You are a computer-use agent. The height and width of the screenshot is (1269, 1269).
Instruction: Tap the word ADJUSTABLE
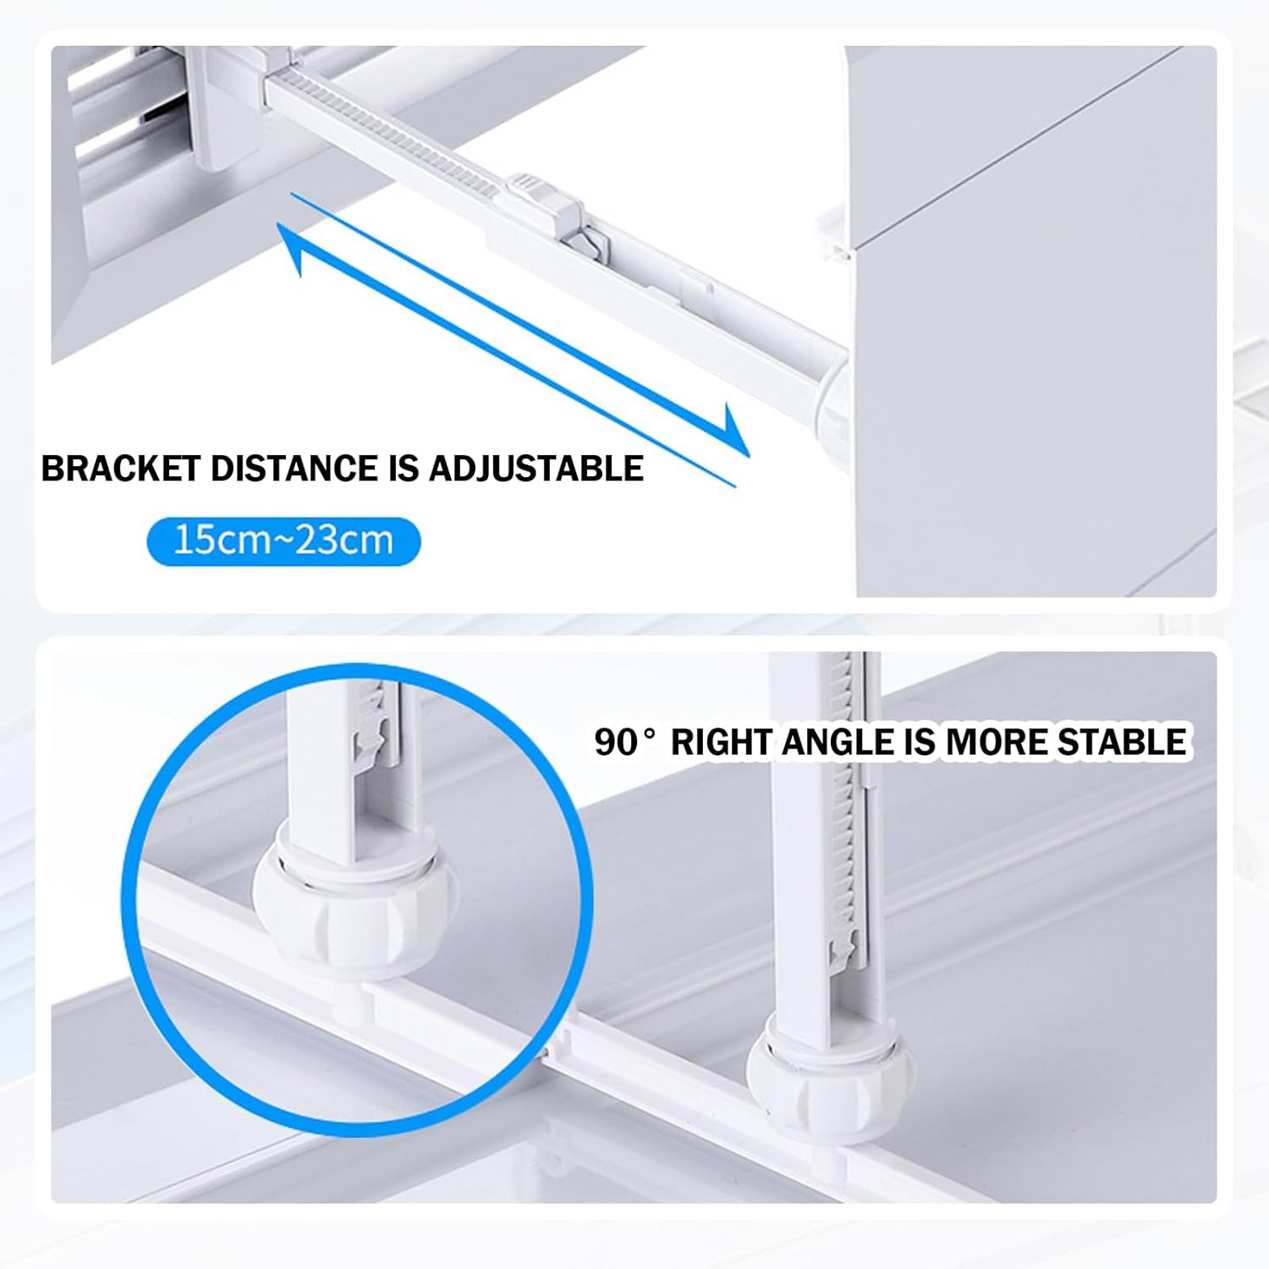(536, 469)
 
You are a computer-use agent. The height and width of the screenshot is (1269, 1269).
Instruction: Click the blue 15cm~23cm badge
(283, 541)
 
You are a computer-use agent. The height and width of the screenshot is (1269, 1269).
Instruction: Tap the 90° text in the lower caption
(624, 743)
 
